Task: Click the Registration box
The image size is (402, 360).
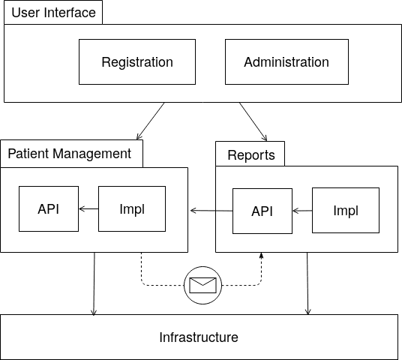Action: [x=137, y=61]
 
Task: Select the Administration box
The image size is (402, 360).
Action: [x=286, y=61]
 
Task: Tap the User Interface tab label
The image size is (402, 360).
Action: [x=53, y=13]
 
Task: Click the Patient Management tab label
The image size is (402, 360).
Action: [x=70, y=154]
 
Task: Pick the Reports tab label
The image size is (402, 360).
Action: [x=251, y=154]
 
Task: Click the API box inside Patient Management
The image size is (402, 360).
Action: [x=49, y=208]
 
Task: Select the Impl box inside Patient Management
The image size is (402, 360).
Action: [x=132, y=208]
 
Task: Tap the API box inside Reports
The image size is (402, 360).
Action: [x=262, y=211]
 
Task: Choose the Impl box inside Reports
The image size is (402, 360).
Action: [x=346, y=210]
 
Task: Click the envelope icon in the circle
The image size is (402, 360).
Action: [x=202, y=285]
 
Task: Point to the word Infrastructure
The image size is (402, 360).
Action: [x=199, y=337]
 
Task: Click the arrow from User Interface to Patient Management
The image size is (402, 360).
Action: [x=151, y=121]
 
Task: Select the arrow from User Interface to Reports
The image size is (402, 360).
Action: [x=253, y=121]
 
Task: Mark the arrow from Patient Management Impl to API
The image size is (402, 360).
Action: [x=88, y=209]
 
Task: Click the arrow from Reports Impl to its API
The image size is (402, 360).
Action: [x=302, y=211]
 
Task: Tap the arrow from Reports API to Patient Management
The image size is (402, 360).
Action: [x=211, y=211]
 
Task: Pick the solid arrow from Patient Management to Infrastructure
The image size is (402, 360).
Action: [x=94, y=283]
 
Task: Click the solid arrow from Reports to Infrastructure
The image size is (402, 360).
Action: [x=307, y=283]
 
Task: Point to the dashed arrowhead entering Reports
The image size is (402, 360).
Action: [x=262, y=255]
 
